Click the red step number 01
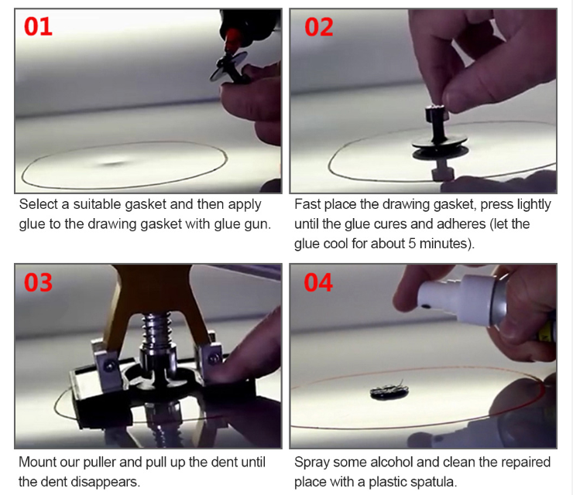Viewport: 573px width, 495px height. coord(39,26)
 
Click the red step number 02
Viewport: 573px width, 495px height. coord(319,27)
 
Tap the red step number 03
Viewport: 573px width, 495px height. coord(39,282)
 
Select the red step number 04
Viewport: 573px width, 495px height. coord(318,282)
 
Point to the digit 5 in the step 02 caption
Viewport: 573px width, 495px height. coord(412,244)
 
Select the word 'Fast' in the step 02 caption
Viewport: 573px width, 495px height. coord(307,204)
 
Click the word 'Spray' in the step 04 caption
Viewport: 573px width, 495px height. coord(312,463)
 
